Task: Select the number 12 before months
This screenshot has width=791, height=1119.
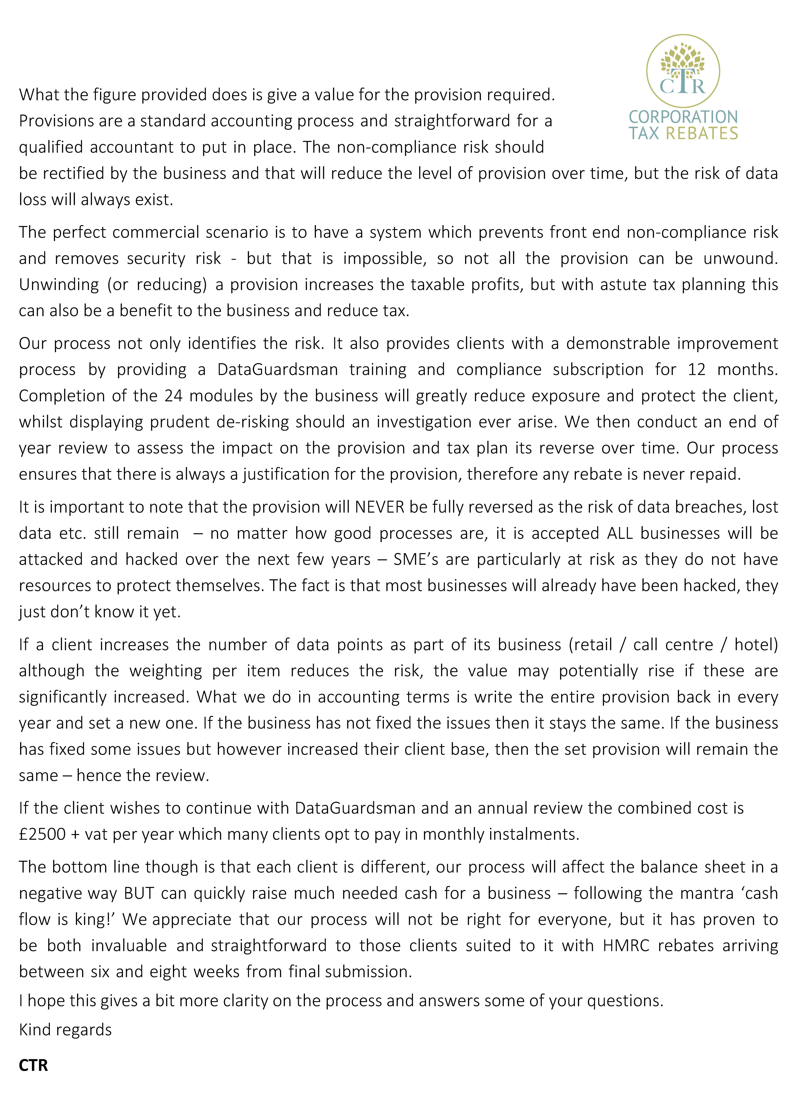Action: pyautogui.click(x=696, y=369)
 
